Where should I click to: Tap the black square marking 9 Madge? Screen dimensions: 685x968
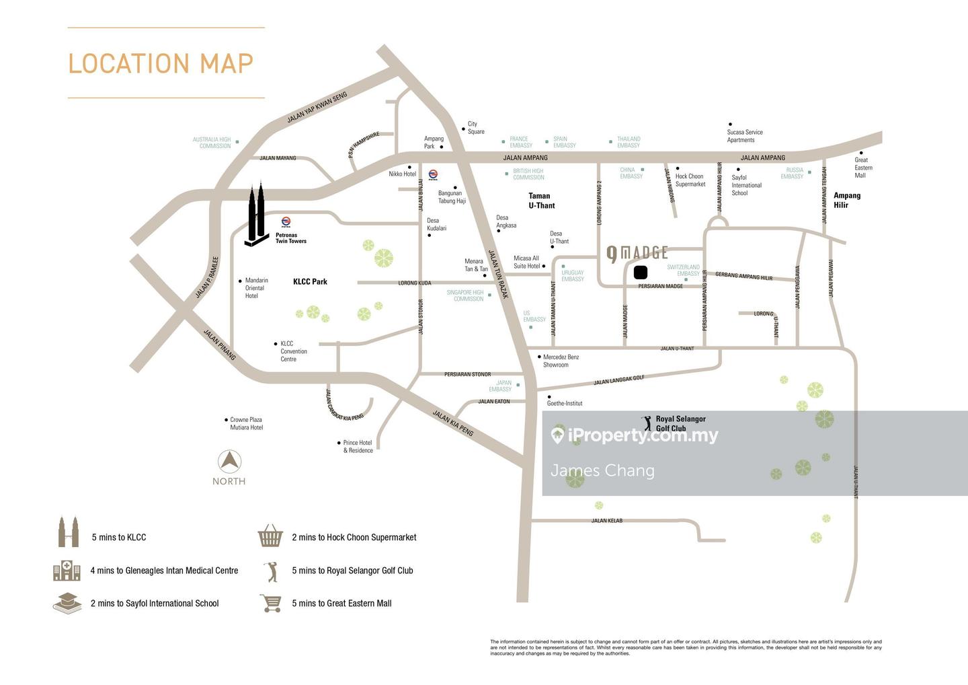pyautogui.click(x=640, y=273)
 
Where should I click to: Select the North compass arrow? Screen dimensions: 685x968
pyautogui.click(x=229, y=462)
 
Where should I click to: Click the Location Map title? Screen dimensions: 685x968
pyautogui.click(x=161, y=63)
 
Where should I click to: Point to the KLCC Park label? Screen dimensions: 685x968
pyautogui.click(x=310, y=282)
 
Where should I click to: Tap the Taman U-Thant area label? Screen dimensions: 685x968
pyautogui.click(x=541, y=201)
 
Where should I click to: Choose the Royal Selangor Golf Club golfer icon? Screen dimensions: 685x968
pyautogui.click(x=647, y=423)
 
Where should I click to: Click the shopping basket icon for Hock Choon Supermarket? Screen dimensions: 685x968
pyautogui.click(x=270, y=536)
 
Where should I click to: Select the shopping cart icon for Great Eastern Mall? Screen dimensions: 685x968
pyautogui.click(x=270, y=603)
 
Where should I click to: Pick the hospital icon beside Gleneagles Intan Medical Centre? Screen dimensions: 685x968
pyautogui.click(x=67, y=570)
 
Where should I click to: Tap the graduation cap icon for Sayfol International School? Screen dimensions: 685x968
pyautogui.click(x=67, y=603)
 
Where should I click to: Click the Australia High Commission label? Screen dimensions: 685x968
pyautogui.click(x=212, y=143)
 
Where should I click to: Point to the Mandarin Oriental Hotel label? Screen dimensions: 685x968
pyautogui.click(x=256, y=288)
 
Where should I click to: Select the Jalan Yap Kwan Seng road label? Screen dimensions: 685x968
pyautogui.click(x=317, y=108)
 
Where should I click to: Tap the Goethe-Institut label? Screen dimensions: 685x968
pyautogui.click(x=565, y=404)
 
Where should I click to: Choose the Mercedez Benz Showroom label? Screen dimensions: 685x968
pyautogui.click(x=561, y=361)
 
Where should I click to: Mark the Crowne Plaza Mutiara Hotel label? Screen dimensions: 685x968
pyautogui.click(x=246, y=423)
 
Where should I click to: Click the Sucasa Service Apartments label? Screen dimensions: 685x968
pyautogui.click(x=744, y=136)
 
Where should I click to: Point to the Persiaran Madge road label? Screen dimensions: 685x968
pyautogui.click(x=660, y=286)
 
